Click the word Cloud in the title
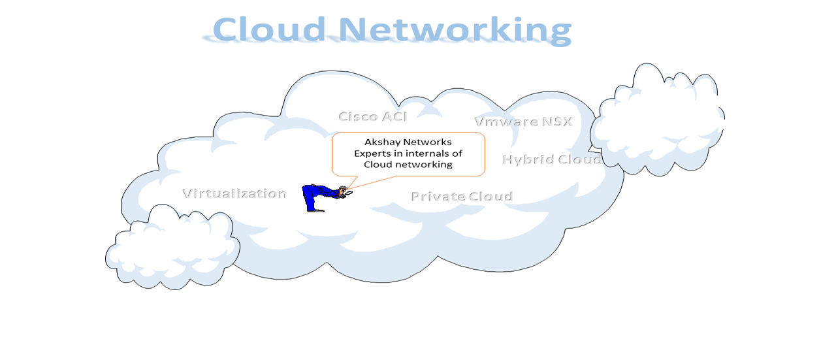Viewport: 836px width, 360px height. pyautogui.click(x=269, y=29)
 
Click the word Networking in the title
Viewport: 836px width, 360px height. pyautogui.click(x=455, y=29)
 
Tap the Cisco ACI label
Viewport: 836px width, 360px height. pyautogui.click(x=372, y=116)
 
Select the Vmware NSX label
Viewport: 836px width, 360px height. pyautogui.click(x=523, y=122)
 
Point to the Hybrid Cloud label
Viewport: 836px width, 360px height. pyautogui.click(x=552, y=159)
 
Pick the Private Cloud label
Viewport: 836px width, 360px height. pyautogui.click(x=462, y=196)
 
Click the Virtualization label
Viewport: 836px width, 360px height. pyautogui.click(x=234, y=193)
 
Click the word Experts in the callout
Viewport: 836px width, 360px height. pyautogui.click(x=372, y=154)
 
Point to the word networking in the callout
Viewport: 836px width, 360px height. pyautogui.click(x=423, y=165)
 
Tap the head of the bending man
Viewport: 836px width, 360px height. pyautogui.click(x=343, y=191)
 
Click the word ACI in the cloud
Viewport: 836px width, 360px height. pyautogui.click(x=394, y=116)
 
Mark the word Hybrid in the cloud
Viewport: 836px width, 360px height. pyautogui.click(x=525, y=159)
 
